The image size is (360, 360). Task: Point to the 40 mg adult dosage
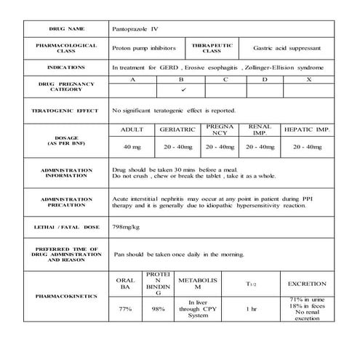tap(132, 147)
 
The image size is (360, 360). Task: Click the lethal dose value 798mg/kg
tap(128, 228)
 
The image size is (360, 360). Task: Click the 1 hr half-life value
tap(252, 309)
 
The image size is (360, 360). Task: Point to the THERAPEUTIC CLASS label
tap(212, 47)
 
